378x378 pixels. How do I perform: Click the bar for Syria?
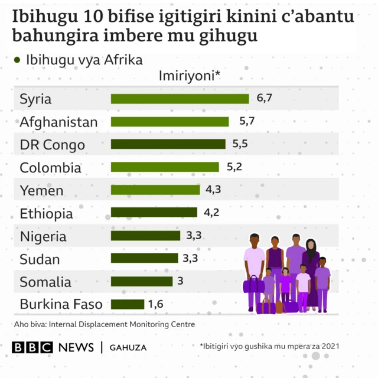click(180, 99)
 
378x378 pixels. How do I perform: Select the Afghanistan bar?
click(170, 122)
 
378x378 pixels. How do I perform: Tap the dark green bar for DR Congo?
click(168, 144)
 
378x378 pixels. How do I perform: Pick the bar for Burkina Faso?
click(127, 304)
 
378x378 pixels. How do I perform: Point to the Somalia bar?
click(141, 282)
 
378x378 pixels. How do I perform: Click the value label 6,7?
click(264, 98)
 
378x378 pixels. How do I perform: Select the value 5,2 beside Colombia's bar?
click(234, 167)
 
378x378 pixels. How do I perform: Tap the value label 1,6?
click(155, 304)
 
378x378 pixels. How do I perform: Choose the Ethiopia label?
click(46, 213)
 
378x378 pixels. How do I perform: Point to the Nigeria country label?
click(43, 236)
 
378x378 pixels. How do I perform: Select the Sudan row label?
click(40, 259)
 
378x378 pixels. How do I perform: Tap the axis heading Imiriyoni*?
click(190, 76)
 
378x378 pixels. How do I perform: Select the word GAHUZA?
click(128, 347)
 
